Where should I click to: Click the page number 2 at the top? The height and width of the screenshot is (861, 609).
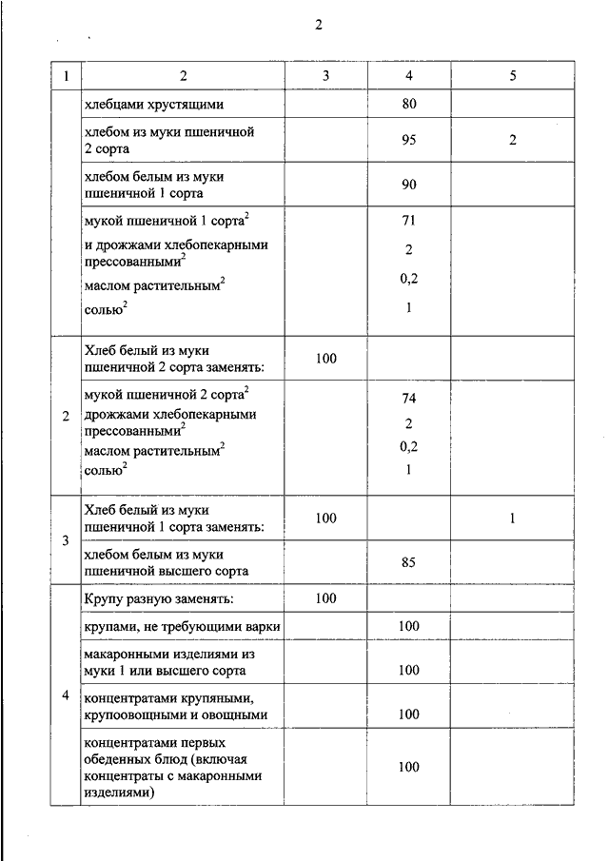coord(319,26)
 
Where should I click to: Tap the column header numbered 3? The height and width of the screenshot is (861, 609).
coord(325,76)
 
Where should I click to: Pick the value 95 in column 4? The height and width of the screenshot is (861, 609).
coord(409,141)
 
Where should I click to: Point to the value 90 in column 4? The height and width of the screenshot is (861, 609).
coord(409,186)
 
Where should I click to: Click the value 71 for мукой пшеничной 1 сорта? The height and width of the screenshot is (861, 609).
coord(409,221)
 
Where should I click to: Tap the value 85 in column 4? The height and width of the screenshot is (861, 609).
coord(409,562)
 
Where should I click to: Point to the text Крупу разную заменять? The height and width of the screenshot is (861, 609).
coord(159,598)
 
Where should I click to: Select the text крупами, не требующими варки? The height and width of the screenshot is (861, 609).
coord(182,625)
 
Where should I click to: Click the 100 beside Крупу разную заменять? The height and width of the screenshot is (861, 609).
coord(325,598)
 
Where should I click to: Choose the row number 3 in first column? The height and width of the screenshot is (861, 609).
coord(66,541)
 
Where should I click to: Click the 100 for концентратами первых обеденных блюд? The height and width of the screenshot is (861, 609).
coord(409,767)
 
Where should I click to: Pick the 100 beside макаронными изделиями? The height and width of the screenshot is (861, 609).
coord(409,670)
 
